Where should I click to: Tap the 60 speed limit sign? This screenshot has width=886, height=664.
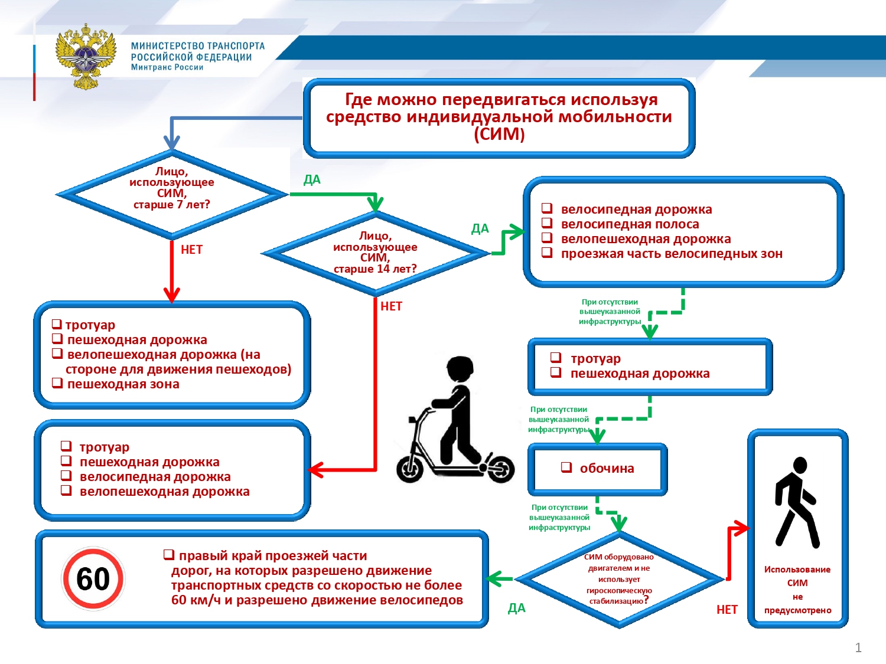[x=93, y=579]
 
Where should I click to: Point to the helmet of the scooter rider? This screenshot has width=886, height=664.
[x=460, y=369]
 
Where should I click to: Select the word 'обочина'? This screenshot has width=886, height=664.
[x=607, y=469]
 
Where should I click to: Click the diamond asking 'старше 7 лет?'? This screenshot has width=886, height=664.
[x=171, y=194]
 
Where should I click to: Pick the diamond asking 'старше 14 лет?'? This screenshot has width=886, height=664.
[x=375, y=253]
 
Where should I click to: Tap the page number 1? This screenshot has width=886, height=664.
[x=858, y=647]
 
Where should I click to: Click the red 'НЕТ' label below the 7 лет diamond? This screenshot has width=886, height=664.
[x=191, y=250]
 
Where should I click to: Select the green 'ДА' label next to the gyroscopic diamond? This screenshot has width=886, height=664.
[x=516, y=609]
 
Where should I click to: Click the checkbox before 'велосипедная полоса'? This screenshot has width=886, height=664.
[x=547, y=223]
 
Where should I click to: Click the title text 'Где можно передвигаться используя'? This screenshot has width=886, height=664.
[x=501, y=99]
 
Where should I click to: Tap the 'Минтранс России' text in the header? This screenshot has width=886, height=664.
[x=167, y=67]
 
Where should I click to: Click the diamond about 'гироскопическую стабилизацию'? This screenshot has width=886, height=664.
[x=618, y=579]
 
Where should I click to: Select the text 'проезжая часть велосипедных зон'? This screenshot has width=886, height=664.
[x=672, y=254]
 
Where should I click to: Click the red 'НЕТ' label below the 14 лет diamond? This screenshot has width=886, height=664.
[x=391, y=306]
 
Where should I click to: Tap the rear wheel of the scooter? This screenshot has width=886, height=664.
[x=500, y=469]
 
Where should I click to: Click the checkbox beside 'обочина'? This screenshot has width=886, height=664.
[x=566, y=467]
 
